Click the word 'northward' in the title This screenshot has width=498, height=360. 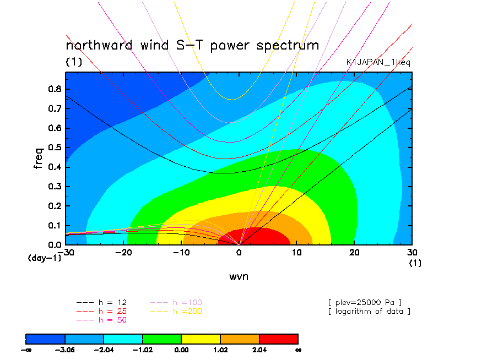click(x=99, y=45)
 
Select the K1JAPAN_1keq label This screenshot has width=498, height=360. click(x=378, y=62)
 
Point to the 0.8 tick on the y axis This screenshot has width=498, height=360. click(x=55, y=89)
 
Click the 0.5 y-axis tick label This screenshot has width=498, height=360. click(x=55, y=148)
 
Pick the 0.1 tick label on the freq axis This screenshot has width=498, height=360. click(x=55, y=226)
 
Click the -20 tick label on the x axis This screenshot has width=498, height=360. click(x=123, y=253)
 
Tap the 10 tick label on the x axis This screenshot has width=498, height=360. click(x=296, y=253)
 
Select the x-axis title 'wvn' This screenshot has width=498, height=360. click(x=239, y=277)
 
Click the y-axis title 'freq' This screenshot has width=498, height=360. click(x=39, y=158)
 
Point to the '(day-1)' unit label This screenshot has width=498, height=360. click(x=45, y=258)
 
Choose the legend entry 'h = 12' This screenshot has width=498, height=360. click(x=101, y=303)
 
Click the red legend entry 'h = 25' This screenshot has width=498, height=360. click(x=101, y=311)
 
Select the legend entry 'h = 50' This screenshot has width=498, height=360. click(x=101, y=320)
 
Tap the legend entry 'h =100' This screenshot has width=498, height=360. click(x=176, y=303)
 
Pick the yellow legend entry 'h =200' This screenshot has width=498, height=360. click(x=176, y=311)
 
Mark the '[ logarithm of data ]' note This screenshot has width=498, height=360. click(x=370, y=312)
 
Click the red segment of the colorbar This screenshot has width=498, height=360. click(x=279, y=339)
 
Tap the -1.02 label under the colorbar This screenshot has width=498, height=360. click(x=142, y=350)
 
